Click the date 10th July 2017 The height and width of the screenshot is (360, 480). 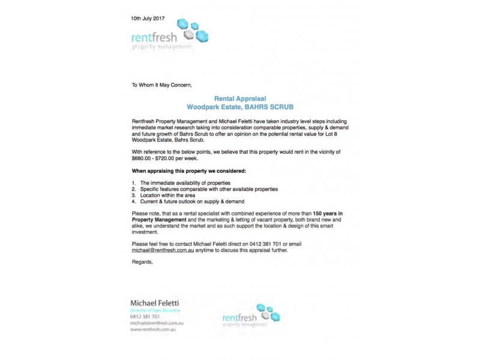pos(148,18)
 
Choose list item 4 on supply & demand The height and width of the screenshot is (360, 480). pos(192,202)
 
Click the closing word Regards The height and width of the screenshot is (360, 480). pos(143,262)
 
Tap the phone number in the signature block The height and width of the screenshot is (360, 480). pos(145,316)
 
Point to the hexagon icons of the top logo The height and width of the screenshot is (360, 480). pos(195,28)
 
